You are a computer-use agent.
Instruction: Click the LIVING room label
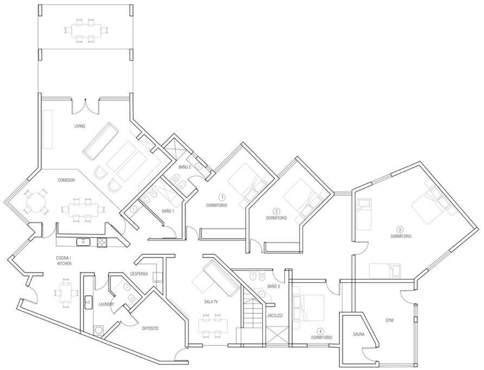pyautogui.click(x=80, y=126)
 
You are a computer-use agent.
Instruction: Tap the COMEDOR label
pyautogui.click(x=66, y=180)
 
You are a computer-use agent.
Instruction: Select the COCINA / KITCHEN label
pyautogui.click(x=64, y=261)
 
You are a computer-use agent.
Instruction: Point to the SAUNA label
pyautogui.click(x=359, y=334)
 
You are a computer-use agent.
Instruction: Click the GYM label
pyautogui.click(x=390, y=321)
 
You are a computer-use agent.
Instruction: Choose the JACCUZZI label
pyautogui.click(x=275, y=316)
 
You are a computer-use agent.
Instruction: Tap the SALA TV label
pyautogui.click(x=211, y=302)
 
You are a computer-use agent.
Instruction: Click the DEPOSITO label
pyautogui.click(x=150, y=329)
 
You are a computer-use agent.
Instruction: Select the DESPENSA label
pyautogui.click(x=139, y=274)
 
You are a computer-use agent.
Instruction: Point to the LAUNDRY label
pyautogui.click(x=106, y=304)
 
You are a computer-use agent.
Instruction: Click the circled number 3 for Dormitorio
pyautogui.click(x=401, y=230)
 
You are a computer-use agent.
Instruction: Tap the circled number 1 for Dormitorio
pyautogui.click(x=221, y=197)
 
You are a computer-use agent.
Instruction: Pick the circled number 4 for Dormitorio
pyautogui.click(x=321, y=332)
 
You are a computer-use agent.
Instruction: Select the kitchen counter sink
pyautogui.click(x=83, y=242)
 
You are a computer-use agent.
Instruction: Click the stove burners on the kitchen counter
pyautogui.click(x=101, y=242)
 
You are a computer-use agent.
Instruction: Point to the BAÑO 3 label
pyautogui.click(x=274, y=287)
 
